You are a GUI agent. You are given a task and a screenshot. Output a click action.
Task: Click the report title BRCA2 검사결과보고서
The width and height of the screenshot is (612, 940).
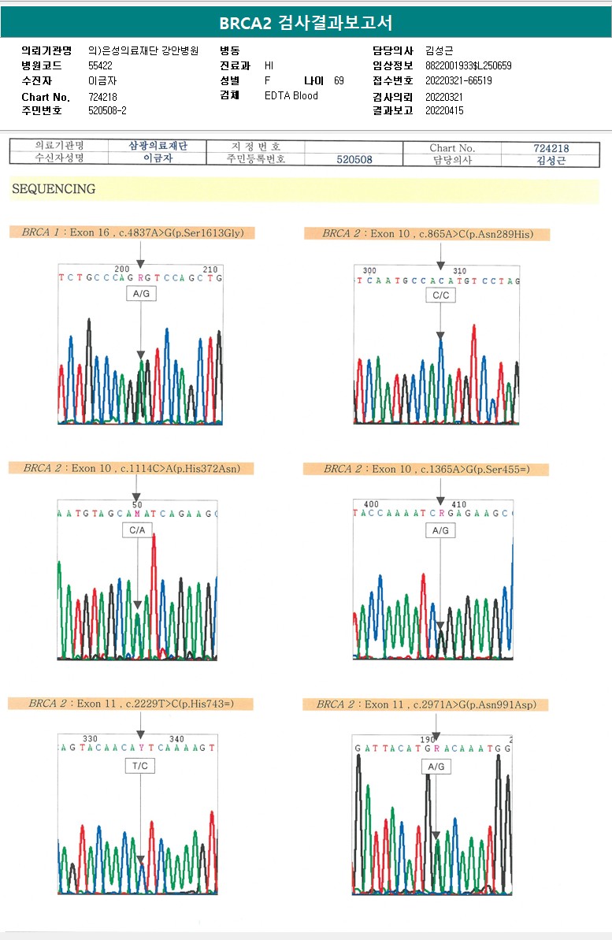click(x=306, y=23)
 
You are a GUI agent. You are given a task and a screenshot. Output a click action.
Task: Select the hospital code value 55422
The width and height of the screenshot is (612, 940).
click(x=100, y=66)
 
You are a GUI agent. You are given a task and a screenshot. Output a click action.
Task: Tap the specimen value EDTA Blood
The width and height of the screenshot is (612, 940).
click(x=291, y=95)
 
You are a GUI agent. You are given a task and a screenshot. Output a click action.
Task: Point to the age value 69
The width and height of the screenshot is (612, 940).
click(x=339, y=81)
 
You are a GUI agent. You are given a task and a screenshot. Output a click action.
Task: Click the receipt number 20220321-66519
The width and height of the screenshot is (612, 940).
click(x=458, y=81)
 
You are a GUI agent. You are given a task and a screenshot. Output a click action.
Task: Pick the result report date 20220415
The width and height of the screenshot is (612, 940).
click(x=444, y=111)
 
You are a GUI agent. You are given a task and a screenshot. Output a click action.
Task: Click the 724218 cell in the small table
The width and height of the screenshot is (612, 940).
click(x=551, y=148)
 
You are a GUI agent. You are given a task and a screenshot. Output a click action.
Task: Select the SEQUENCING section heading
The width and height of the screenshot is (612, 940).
click(x=54, y=189)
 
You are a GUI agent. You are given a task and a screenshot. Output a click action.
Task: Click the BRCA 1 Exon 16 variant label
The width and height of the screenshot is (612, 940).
click(x=133, y=232)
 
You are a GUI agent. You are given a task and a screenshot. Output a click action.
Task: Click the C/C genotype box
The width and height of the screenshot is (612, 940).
click(x=440, y=295)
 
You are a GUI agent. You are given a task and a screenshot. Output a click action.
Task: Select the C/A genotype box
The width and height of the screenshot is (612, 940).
click(x=138, y=530)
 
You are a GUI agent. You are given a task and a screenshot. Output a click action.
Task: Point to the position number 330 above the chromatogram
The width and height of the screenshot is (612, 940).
click(x=91, y=738)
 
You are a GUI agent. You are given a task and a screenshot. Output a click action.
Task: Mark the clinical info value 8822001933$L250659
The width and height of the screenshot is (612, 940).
click(x=468, y=66)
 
